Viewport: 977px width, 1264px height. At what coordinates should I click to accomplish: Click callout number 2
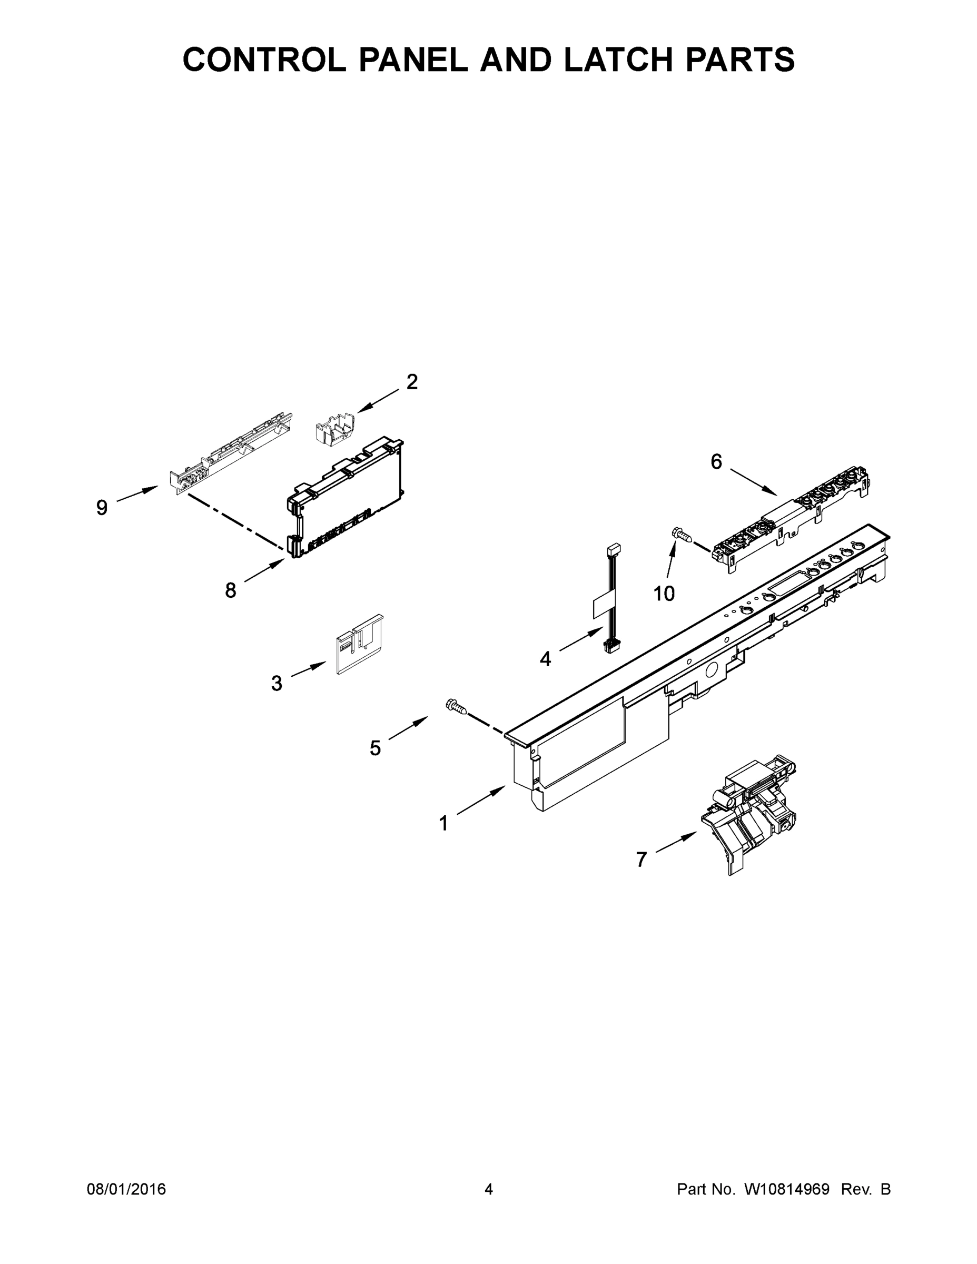pos(411,382)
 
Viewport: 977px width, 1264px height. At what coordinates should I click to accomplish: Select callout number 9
pos(102,508)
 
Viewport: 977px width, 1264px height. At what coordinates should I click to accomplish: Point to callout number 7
pos(641,860)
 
